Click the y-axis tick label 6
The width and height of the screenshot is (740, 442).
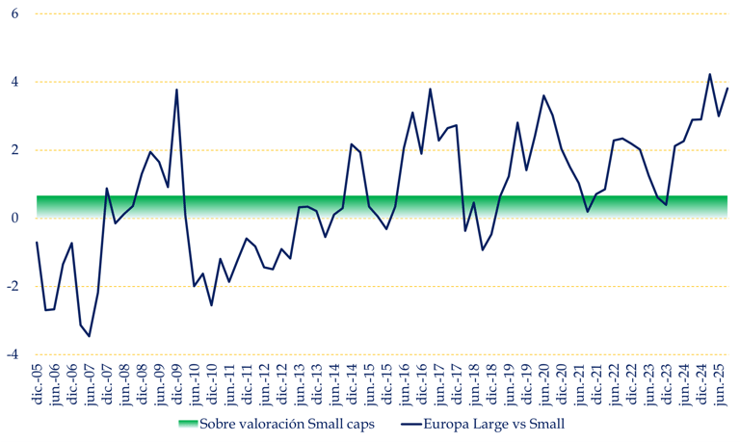point(14,13)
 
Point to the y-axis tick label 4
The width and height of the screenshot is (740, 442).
point(14,82)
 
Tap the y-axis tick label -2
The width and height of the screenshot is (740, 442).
point(13,286)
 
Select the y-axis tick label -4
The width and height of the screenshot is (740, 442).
point(13,354)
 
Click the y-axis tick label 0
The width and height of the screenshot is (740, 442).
point(14,218)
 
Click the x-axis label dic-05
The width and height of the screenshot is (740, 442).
point(38,384)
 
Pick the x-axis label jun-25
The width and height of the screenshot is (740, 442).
point(727,384)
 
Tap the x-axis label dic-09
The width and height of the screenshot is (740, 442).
point(177,384)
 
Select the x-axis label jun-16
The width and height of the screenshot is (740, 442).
point(405,384)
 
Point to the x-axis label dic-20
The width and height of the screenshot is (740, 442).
point(562,384)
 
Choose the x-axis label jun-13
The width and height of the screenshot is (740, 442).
point(300,384)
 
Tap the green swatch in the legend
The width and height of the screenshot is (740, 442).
point(188,424)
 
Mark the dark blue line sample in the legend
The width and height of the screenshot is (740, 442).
point(414,424)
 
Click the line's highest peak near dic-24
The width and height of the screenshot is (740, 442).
point(710,74)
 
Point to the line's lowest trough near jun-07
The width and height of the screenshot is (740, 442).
point(90,336)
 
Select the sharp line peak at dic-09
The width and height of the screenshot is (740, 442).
point(177,90)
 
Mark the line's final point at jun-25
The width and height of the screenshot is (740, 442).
point(727,88)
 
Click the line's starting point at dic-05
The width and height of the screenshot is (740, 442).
point(37,242)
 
